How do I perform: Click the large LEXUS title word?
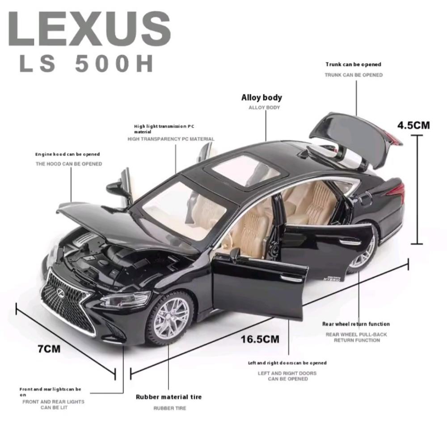[89, 28]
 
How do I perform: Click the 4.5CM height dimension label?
[413, 125]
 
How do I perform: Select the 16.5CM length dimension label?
[260, 339]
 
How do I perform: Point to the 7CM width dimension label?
[49, 349]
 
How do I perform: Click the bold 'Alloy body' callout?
[261, 98]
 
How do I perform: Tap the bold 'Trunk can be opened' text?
[354, 64]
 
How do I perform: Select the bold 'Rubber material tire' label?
[169, 397]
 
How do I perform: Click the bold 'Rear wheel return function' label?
[356, 324]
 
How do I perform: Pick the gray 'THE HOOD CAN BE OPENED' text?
[69, 164]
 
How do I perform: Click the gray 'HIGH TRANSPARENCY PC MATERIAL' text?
[171, 139]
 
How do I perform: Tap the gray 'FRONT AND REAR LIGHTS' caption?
[53, 402]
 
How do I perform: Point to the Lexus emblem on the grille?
[60, 291]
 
